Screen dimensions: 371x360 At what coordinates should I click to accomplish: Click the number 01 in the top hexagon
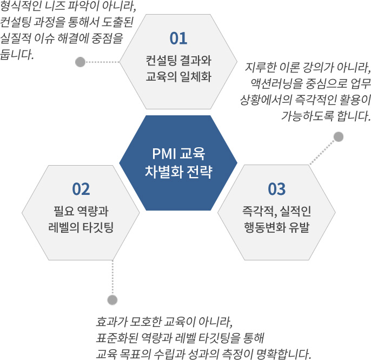click(178, 38)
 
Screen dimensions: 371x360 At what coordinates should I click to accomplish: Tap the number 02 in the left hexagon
click(81, 189)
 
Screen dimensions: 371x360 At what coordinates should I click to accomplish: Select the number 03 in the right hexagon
click(276, 189)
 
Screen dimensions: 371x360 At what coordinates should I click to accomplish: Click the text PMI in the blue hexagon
click(164, 154)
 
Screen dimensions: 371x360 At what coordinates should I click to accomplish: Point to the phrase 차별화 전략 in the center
click(178, 172)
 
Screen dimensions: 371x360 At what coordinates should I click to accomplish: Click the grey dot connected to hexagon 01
click(80, 62)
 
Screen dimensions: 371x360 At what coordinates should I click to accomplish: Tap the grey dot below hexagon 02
click(112, 300)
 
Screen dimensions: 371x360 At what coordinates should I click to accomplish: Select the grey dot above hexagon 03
click(339, 136)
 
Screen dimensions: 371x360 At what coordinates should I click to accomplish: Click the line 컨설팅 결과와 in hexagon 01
click(178, 61)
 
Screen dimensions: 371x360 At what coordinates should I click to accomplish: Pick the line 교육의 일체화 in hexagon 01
click(178, 77)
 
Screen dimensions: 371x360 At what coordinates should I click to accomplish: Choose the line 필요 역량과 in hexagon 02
click(81, 211)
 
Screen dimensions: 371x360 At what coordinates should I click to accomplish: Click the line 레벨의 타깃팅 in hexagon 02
click(81, 227)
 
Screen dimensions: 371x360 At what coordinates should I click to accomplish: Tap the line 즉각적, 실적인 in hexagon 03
click(276, 211)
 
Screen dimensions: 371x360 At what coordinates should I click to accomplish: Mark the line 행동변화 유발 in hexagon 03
click(276, 227)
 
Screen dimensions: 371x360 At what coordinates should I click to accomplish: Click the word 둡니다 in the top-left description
click(17, 55)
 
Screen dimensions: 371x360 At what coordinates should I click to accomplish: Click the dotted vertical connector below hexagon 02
click(112, 278)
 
